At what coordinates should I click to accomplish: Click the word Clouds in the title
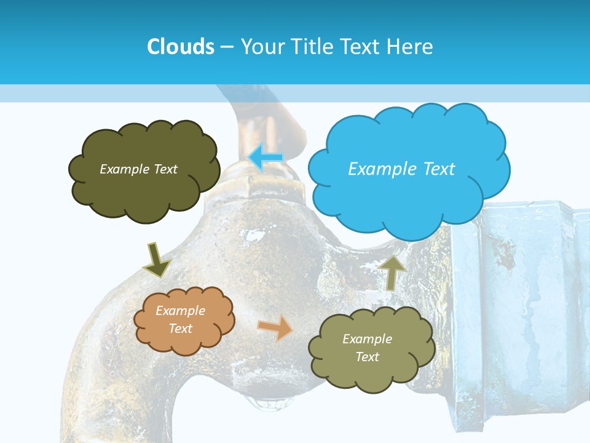point(180,46)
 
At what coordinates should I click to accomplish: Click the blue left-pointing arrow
point(265,158)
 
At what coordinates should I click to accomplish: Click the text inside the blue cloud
point(401,169)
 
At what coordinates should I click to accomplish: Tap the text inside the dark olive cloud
point(138,169)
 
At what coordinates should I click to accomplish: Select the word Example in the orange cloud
point(180,311)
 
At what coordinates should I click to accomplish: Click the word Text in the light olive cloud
point(367,357)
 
